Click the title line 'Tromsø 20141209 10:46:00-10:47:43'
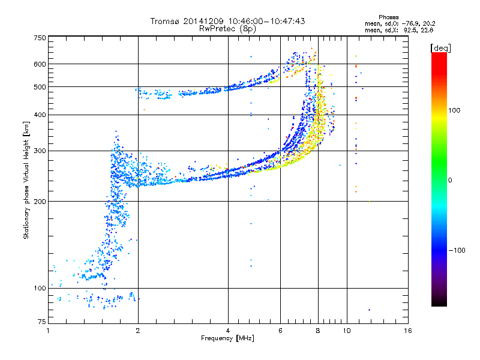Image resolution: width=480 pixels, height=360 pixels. [x=227, y=21]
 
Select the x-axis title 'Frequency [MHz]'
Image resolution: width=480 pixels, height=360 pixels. [x=227, y=338]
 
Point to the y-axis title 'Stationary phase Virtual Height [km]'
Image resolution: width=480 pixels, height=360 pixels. [x=26, y=181]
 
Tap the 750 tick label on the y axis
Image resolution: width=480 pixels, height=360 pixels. [x=40, y=38]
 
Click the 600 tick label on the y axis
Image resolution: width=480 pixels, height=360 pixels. [x=40, y=64]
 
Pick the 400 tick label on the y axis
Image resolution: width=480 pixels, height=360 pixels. [x=40, y=115]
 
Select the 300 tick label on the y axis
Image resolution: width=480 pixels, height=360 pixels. [x=40, y=151]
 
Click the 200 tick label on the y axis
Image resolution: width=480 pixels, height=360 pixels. [x=40, y=201]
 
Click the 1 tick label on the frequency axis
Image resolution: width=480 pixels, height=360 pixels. [x=48, y=331]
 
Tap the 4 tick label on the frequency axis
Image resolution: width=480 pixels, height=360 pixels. [x=228, y=331]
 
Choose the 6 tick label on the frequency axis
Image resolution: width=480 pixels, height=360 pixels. [x=281, y=331]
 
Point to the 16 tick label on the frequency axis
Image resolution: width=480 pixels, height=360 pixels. [x=407, y=331]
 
